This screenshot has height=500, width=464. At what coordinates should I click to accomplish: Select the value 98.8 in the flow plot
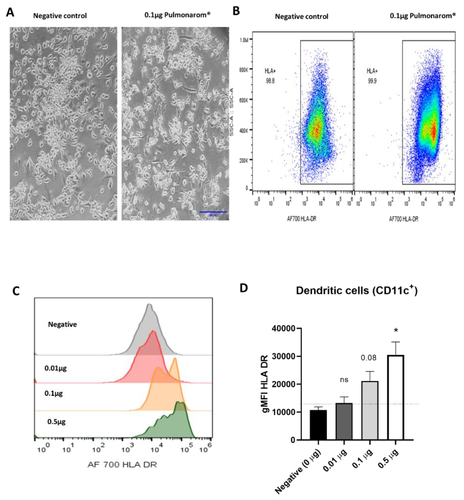(270, 81)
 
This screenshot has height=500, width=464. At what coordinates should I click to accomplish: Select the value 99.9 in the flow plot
(372, 81)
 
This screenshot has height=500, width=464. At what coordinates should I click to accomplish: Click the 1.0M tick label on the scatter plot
(244, 40)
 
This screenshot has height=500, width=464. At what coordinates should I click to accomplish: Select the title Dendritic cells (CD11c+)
(357, 291)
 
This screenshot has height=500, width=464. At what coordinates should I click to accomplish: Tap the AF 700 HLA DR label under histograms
(122, 465)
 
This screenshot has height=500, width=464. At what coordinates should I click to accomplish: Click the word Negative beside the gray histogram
(62, 324)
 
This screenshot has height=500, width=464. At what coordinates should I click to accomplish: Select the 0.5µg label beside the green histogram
(56, 421)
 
